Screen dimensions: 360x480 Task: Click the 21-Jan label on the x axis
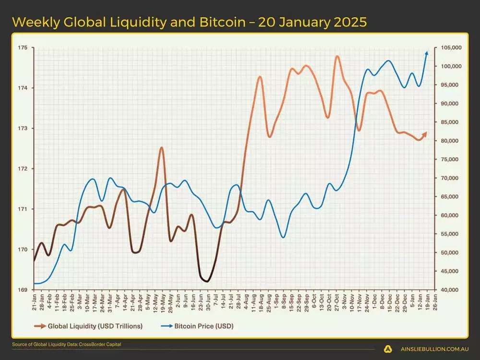35,300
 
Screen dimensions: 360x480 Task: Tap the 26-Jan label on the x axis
434,300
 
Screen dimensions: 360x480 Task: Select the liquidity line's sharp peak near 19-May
162,147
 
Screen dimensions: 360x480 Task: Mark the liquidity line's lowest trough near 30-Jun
207,281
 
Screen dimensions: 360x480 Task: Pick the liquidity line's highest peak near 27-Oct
337,56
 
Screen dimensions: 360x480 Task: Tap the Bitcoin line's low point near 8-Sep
283,237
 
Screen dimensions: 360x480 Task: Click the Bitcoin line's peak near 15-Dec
388,60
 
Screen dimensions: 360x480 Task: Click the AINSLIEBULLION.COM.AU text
433,349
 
